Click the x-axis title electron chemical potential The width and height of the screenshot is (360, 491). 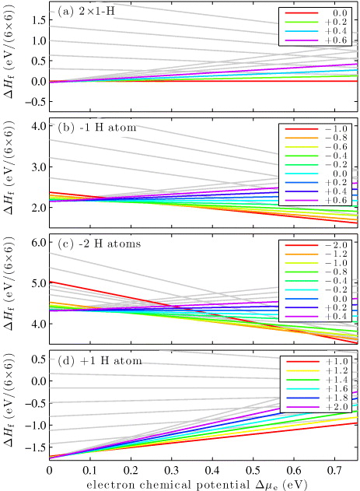203,484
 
